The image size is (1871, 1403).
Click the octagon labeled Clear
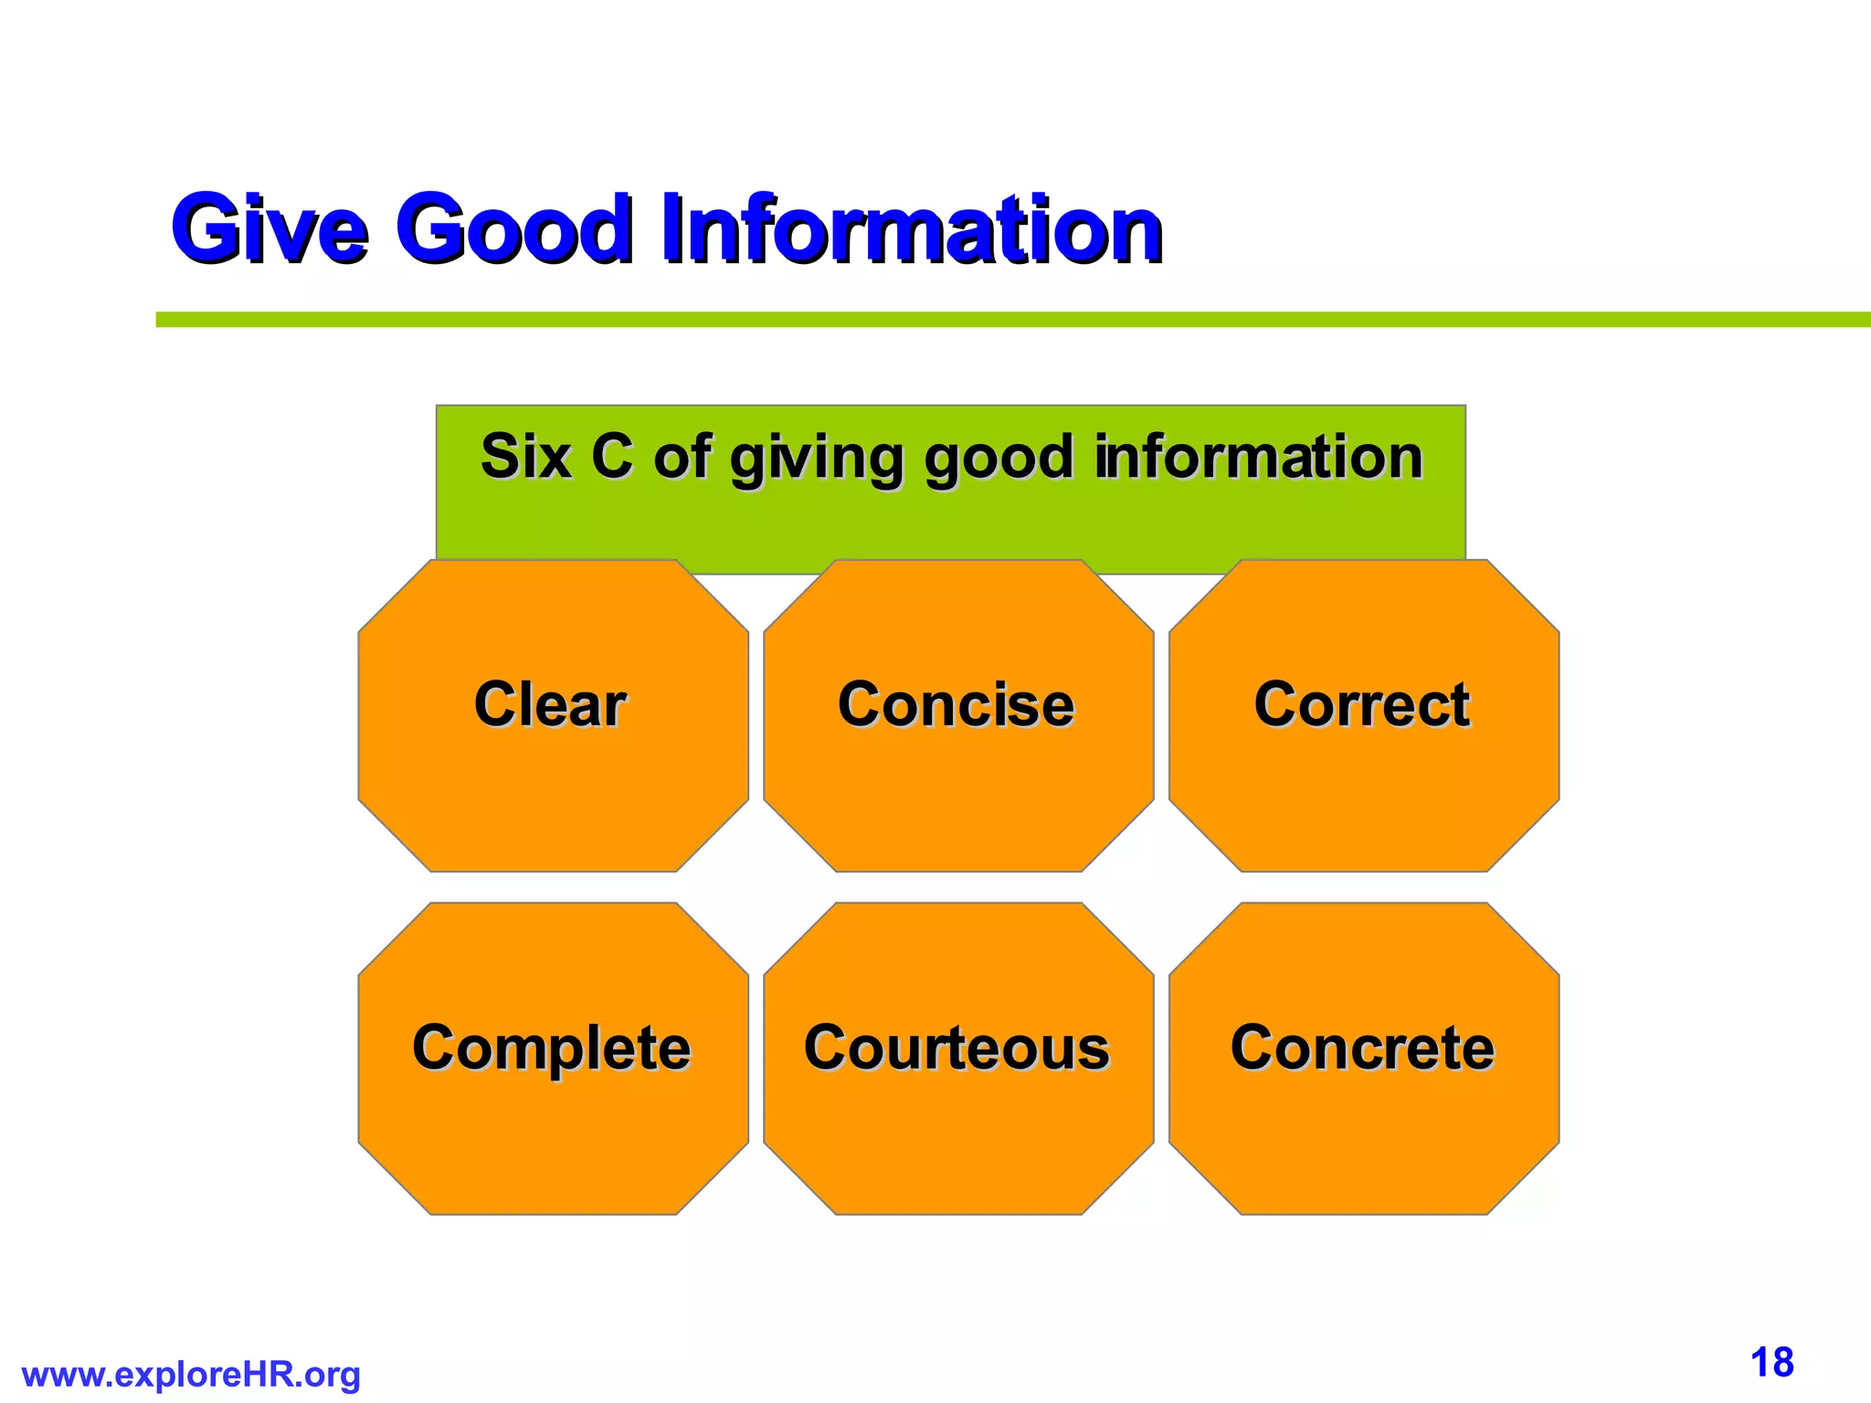(553, 715)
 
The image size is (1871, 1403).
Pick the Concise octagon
(958, 715)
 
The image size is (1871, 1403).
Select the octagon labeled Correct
(1364, 715)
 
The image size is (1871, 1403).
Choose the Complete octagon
(553, 1059)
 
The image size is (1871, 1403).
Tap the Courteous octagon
(958, 1059)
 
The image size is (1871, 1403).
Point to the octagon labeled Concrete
(1364, 1059)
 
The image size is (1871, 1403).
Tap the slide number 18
(1771, 1363)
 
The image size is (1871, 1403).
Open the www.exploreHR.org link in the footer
(191, 1375)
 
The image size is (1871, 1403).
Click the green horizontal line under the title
(1005, 320)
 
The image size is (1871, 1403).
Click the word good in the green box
(999, 459)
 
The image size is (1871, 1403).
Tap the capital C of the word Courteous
(827, 1049)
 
